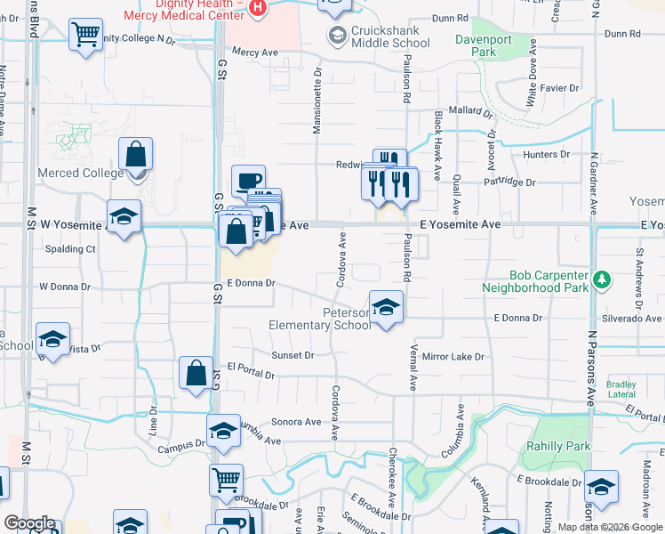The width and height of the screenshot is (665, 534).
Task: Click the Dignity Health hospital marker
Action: pos(258,8)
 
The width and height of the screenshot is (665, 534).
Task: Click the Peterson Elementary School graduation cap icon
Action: pos(386,308)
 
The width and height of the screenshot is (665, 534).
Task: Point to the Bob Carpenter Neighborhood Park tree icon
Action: pos(603,279)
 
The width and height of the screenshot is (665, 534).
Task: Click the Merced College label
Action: pos(81,172)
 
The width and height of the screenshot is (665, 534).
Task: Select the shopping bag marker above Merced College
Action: pos(136,155)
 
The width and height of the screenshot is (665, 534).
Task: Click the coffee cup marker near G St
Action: pos(248,182)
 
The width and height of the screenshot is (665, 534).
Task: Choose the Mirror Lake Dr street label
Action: pos(453,357)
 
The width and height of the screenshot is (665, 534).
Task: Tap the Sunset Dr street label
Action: pos(292,355)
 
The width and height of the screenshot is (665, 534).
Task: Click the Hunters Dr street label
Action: pos(546,154)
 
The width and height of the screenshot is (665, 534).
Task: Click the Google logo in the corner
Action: pos(29,523)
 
